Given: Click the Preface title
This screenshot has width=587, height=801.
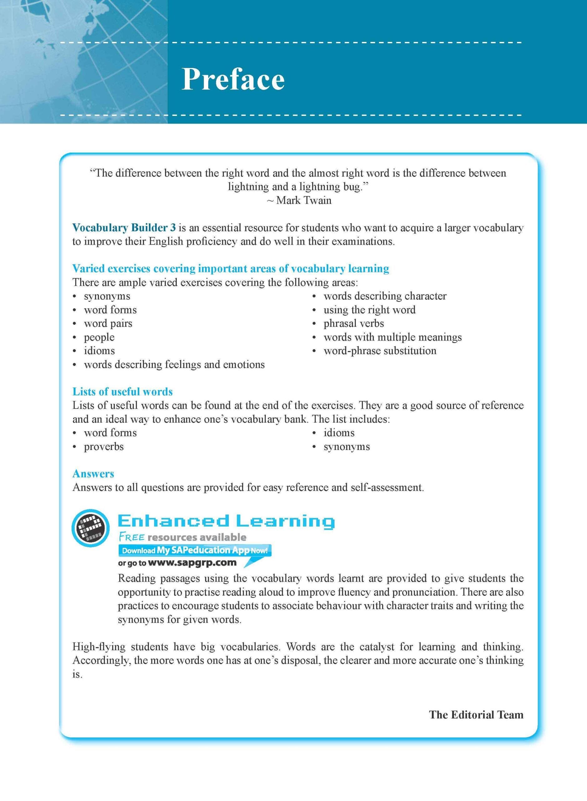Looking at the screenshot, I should (233, 79).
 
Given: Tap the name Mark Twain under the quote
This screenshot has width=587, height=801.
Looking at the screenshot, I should (303, 201).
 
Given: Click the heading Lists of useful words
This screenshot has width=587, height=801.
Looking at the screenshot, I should (123, 391).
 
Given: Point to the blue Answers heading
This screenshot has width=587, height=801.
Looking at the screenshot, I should (93, 474).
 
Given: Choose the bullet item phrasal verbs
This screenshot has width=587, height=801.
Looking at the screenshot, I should (354, 324).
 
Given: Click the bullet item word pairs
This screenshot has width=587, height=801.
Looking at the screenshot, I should (108, 324).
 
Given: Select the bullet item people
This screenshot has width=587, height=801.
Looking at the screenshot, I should (99, 337).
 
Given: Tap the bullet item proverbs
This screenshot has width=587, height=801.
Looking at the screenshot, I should (104, 446).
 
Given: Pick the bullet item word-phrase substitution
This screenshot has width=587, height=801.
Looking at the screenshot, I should (380, 351).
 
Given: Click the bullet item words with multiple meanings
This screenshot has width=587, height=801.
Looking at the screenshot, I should (392, 337).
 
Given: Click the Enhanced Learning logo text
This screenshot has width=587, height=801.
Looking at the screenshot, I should (226, 521).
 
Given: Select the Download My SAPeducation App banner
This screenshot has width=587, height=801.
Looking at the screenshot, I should (195, 551).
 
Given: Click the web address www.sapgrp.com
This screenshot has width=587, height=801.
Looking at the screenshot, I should (192, 563).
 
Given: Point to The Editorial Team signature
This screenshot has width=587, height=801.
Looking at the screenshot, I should (476, 715).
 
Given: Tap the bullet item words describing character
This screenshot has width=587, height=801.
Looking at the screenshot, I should (385, 296).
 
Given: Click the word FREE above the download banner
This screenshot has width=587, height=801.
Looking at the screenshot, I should (131, 537).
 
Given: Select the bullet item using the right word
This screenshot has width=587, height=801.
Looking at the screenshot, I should (369, 310).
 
